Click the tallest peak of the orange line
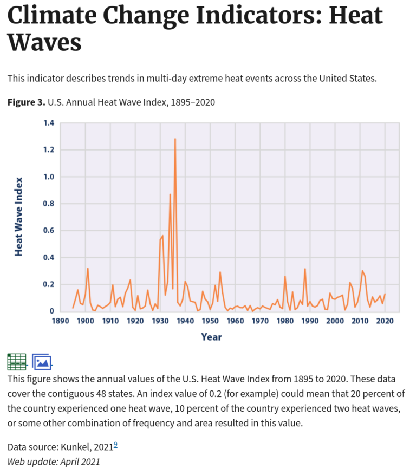tap(175, 139)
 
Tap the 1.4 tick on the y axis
tap(49, 123)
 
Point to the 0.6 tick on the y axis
tap(49, 231)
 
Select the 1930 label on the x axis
tap(160, 321)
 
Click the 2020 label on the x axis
tap(385, 321)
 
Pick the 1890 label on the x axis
tap(60, 321)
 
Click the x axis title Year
tap(211, 337)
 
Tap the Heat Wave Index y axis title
tap(19, 216)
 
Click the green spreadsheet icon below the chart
tap(17, 361)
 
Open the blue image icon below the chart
tap(41, 361)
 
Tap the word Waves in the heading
tap(44, 43)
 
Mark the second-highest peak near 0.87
tap(170, 194)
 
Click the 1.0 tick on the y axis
tap(49, 177)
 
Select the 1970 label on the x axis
tap(260, 321)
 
